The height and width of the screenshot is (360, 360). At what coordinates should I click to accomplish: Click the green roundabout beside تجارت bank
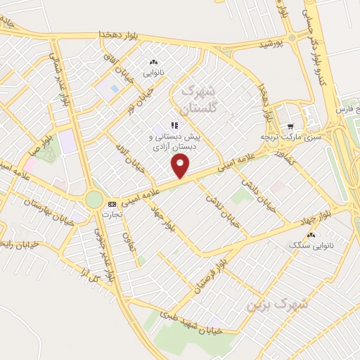[x=94, y=200]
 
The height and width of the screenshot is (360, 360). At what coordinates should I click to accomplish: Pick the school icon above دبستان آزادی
[x=174, y=125]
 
